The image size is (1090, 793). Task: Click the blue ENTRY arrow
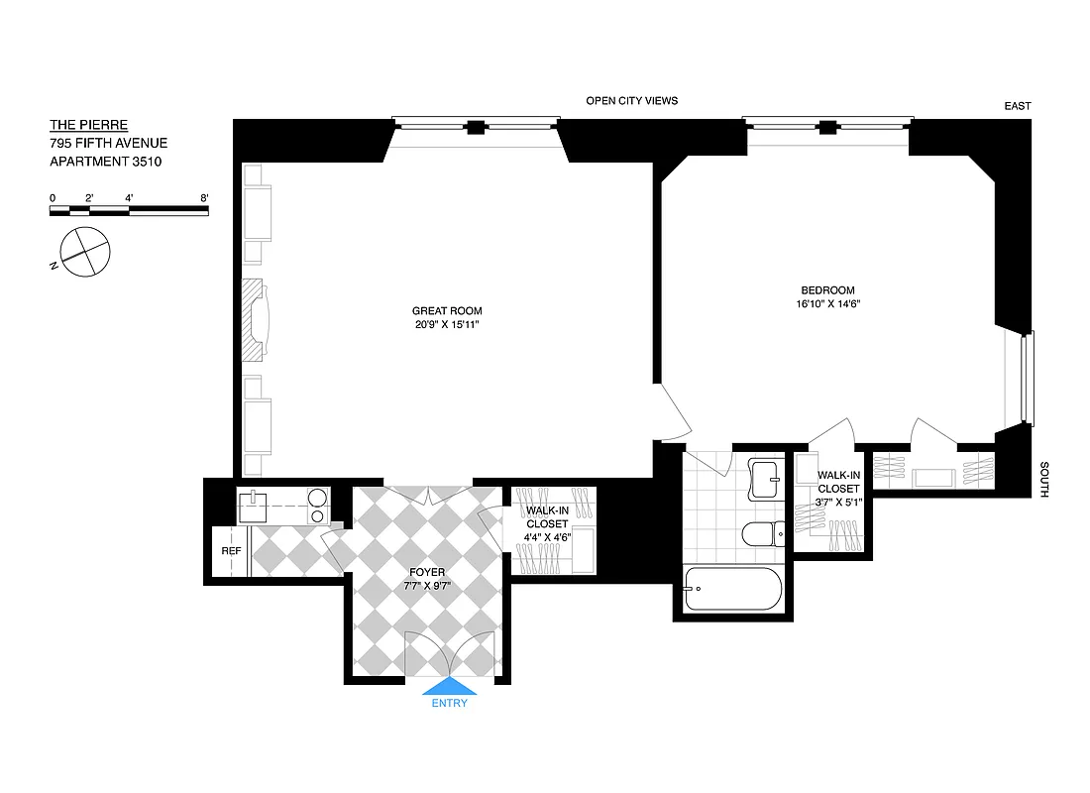[450, 687]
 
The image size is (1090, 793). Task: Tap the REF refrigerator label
[231, 551]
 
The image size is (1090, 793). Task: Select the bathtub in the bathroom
[733, 589]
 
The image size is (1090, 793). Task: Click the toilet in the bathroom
[761, 535]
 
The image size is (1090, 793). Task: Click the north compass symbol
[83, 250]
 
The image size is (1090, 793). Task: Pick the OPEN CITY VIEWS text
[631, 101]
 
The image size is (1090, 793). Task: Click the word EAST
[1017, 106]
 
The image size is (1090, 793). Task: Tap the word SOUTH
[1044, 479]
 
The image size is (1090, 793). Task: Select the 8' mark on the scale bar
[204, 198]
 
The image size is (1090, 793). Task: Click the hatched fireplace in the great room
[256, 320]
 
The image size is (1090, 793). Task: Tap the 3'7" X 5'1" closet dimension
[838, 502]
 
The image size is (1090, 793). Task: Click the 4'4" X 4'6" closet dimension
[547, 538]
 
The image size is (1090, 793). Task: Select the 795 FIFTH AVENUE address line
[101, 143]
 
